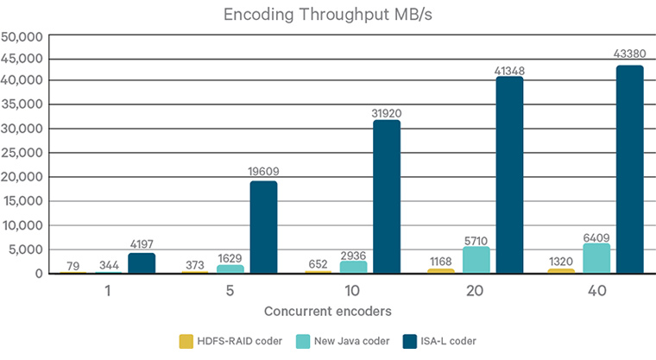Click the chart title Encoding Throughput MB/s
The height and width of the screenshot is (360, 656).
(327, 15)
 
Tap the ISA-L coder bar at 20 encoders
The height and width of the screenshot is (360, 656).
(508, 175)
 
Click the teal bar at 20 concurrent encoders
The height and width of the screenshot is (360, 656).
(476, 261)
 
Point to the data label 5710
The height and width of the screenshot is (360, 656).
(476, 239)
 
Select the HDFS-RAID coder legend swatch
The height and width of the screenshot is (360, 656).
(186, 341)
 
